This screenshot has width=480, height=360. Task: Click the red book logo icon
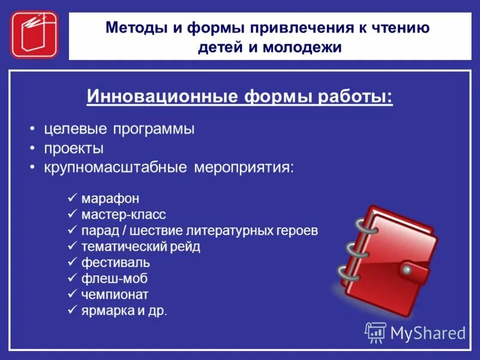(34, 34)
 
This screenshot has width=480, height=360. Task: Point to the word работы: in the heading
(354, 96)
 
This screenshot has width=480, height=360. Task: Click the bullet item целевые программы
(119, 129)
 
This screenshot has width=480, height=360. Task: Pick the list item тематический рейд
(140, 247)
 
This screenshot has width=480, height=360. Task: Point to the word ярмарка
(104, 311)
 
